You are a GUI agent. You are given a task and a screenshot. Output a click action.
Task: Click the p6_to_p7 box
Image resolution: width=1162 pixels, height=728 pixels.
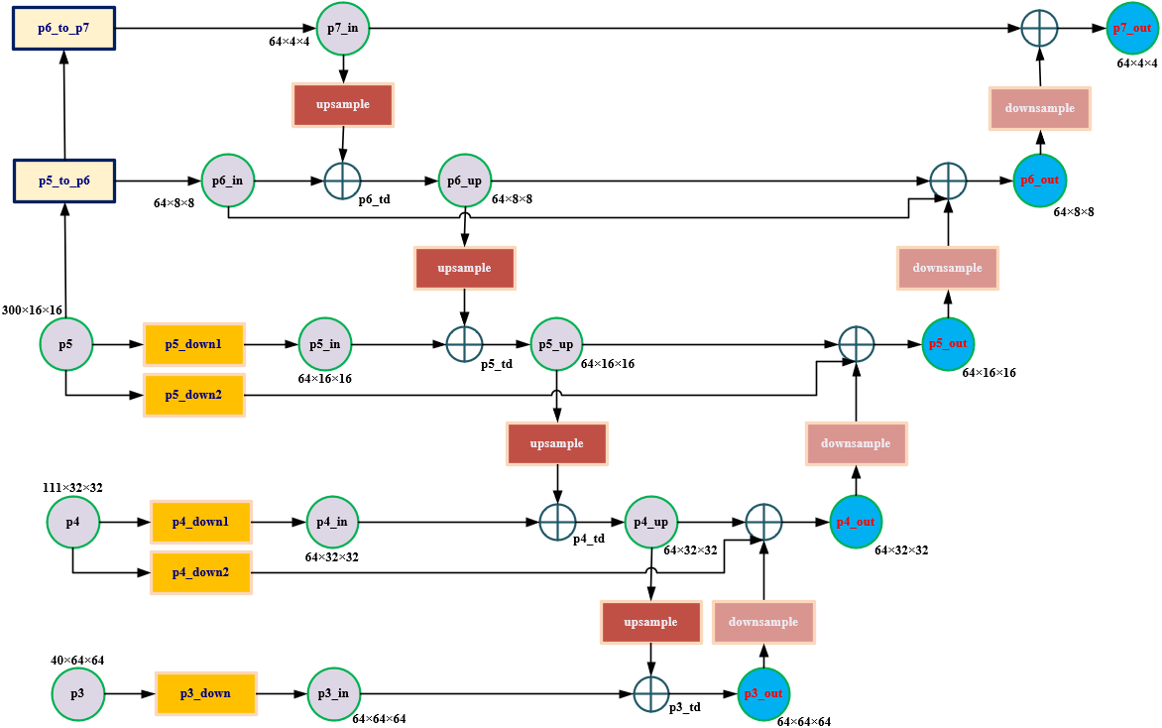[x=63, y=28]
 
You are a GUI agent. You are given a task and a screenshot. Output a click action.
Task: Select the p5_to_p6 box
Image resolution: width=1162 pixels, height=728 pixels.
[x=63, y=182]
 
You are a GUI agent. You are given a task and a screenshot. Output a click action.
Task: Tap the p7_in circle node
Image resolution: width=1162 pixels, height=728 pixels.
[x=343, y=28]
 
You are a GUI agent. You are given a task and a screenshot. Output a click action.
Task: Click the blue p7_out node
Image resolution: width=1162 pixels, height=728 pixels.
[x=1131, y=28]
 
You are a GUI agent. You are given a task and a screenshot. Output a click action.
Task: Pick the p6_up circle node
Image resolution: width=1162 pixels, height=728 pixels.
[x=465, y=181]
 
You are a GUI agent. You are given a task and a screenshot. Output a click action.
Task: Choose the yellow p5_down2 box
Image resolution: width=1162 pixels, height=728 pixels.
[x=194, y=395]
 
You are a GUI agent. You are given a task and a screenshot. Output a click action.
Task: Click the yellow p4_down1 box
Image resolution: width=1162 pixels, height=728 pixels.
[x=200, y=522]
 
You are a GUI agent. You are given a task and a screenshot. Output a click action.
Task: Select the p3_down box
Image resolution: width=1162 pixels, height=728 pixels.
[x=206, y=693]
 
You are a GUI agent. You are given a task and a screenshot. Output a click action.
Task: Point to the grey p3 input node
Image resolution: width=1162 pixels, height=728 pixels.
[x=77, y=693]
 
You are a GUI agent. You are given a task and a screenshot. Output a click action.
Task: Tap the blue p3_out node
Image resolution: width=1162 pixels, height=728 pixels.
[x=764, y=693]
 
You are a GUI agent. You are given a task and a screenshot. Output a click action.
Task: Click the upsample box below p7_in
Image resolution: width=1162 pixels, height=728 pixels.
[x=343, y=105]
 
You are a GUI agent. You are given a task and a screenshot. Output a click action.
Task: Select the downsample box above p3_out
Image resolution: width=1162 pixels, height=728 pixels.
[x=763, y=622]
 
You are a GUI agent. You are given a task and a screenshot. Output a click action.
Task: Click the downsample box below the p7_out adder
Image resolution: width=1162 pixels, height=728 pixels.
[x=1039, y=108]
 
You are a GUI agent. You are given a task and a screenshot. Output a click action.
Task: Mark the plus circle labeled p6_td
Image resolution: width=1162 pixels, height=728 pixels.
[x=343, y=182]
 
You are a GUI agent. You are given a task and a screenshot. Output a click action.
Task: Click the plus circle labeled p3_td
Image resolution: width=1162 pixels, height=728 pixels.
[x=651, y=693]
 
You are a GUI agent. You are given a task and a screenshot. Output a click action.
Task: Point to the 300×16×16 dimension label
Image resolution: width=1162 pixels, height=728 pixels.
[x=32, y=310]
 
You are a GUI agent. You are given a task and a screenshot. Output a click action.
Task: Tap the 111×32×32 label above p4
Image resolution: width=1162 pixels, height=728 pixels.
[x=72, y=487]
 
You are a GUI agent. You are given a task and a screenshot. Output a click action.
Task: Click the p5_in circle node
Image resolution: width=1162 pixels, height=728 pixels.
[x=324, y=344]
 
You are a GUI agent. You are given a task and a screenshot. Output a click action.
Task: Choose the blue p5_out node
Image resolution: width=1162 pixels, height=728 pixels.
[x=948, y=344]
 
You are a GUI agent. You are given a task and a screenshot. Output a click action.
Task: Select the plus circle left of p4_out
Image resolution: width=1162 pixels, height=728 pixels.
[x=763, y=522]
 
